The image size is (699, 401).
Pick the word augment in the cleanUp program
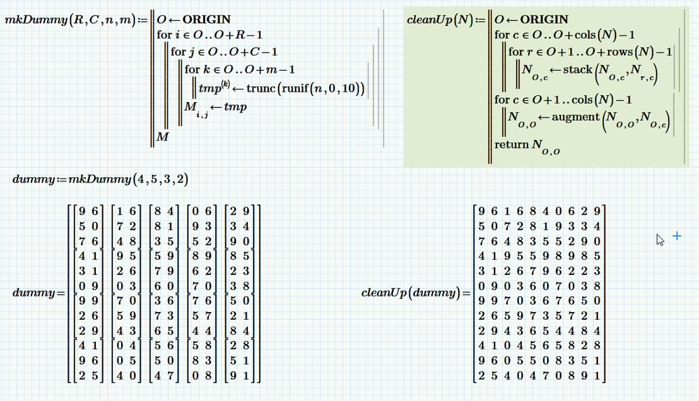575,117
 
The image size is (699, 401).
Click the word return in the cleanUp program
511,144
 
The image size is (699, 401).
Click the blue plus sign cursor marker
677,237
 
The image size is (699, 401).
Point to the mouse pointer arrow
660,240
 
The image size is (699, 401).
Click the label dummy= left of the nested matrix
33,293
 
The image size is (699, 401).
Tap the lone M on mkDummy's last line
162,138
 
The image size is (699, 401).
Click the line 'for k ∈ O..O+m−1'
240,69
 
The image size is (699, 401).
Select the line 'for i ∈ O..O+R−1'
210,34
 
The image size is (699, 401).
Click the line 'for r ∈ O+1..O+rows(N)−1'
590,52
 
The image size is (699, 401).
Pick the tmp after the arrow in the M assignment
235,106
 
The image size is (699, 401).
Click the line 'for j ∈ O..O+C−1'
224,52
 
